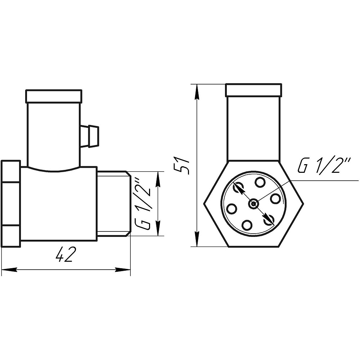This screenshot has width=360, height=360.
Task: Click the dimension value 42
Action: pyautogui.click(x=66, y=255)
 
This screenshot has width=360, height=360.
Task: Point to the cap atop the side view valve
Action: pyautogui.click(x=54, y=96)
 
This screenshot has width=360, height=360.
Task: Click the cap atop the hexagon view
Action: pyautogui.click(x=253, y=90)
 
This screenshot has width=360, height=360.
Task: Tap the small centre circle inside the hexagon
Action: pyautogui.click(x=253, y=204)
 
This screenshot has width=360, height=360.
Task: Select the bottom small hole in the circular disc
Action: pyautogui.click(x=247, y=225)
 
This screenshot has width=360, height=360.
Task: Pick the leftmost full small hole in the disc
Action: pyautogui.click(x=231, y=208)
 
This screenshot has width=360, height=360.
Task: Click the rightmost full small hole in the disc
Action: pyautogui.click(x=275, y=199)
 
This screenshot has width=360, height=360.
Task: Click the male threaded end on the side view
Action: pyautogui.click(x=113, y=204)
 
